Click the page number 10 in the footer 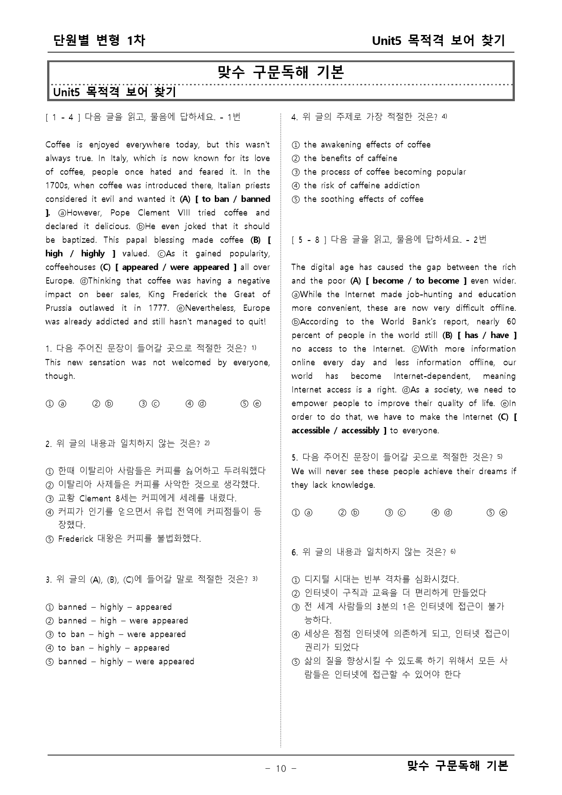(x=281, y=768)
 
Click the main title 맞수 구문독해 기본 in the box (x=281, y=73)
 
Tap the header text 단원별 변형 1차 (x=99, y=40)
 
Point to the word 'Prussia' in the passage (x=58, y=308)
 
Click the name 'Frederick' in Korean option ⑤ (x=76, y=539)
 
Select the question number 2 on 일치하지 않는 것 (x=48, y=444)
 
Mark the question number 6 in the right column (x=294, y=552)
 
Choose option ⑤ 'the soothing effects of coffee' (x=363, y=199)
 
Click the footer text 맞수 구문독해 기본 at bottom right (x=457, y=766)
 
